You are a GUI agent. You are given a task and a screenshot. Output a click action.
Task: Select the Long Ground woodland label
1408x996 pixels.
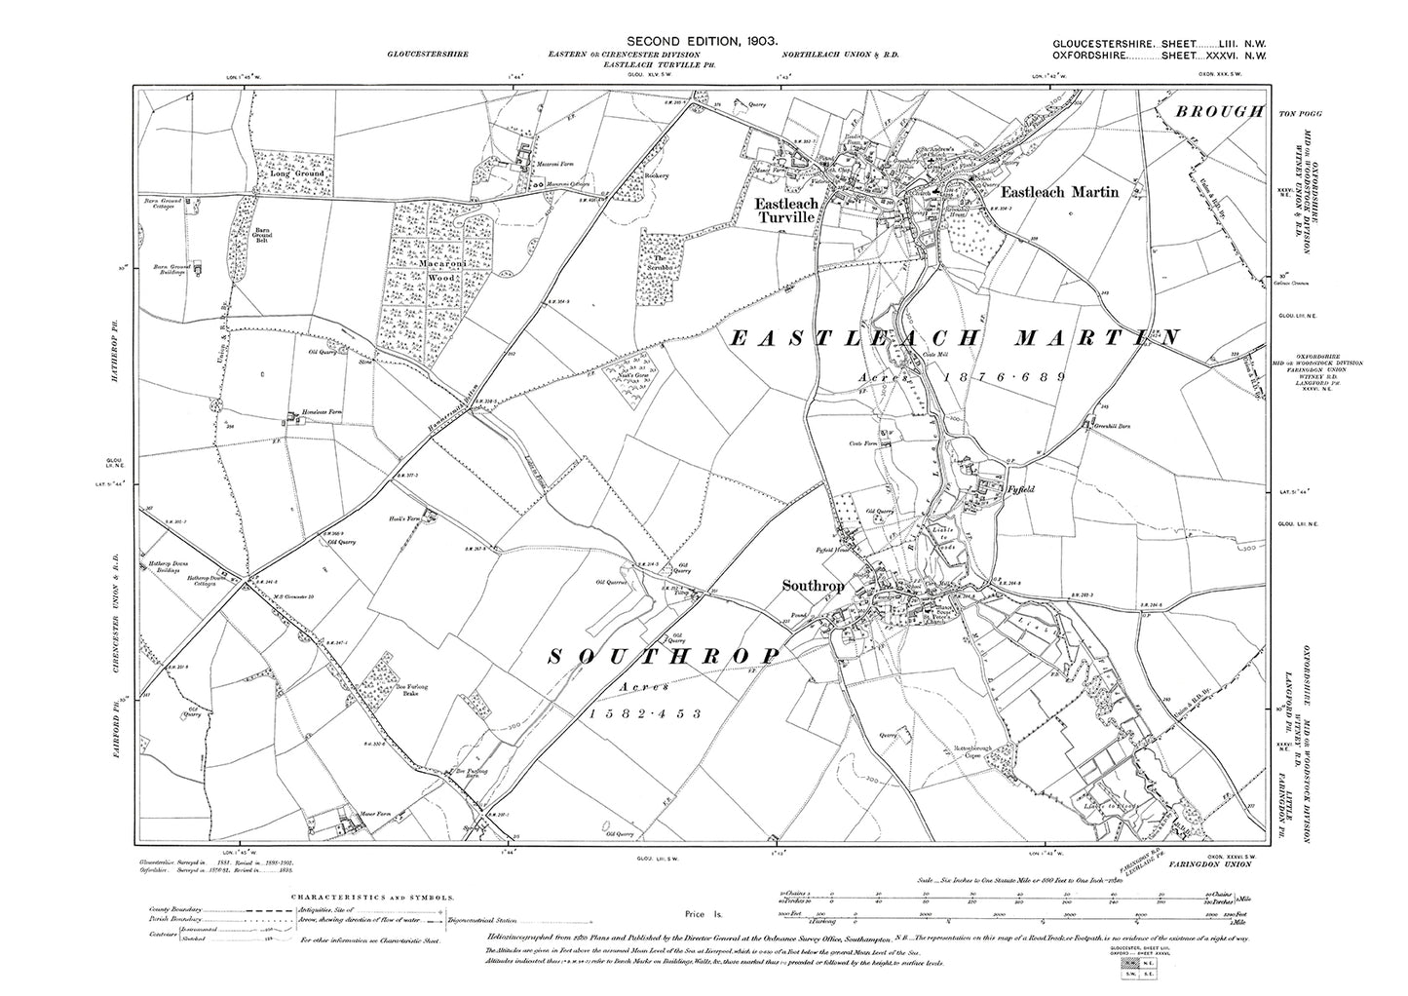pyautogui.click(x=291, y=177)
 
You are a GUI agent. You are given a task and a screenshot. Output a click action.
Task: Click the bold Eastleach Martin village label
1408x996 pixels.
pyautogui.click(x=1070, y=192)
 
